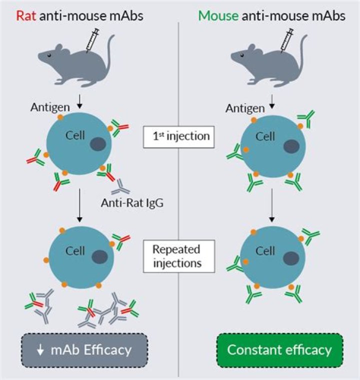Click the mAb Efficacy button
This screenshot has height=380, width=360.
click(x=84, y=350)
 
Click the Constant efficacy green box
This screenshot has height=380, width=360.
click(x=279, y=350)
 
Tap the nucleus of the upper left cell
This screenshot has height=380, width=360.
click(x=98, y=145)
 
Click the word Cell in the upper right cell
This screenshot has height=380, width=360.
click(x=265, y=136)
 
